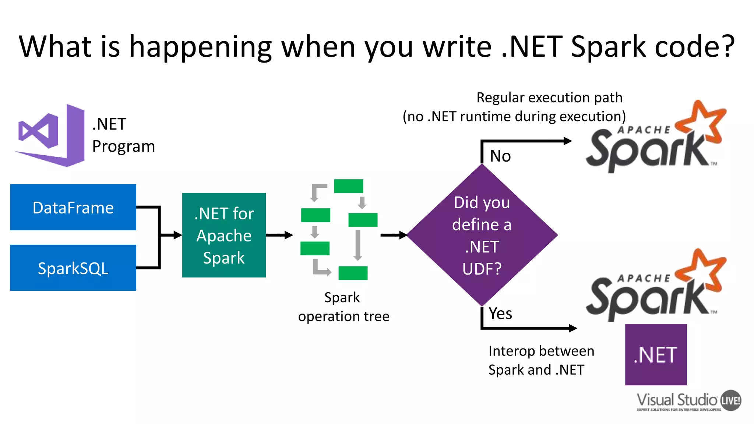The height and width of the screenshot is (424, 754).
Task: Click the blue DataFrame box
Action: (73, 207)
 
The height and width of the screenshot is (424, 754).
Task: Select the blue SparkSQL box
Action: (73, 268)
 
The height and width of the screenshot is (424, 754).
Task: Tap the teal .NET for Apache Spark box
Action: (224, 235)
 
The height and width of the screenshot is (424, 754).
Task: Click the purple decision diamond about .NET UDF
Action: (482, 235)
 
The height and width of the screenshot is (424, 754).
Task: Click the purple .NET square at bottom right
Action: (656, 355)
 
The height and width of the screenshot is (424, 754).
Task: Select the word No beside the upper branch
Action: (500, 156)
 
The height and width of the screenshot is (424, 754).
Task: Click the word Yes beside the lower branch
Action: (500, 314)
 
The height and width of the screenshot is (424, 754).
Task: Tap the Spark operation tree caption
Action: (343, 307)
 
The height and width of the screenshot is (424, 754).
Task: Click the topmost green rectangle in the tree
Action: (348, 186)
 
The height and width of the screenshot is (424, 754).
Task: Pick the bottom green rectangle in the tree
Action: (353, 273)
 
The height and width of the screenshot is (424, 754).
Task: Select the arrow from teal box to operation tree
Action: (279, 235)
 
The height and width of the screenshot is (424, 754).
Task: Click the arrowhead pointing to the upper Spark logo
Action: (568, 141)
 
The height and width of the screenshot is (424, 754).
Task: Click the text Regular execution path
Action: (549, 98)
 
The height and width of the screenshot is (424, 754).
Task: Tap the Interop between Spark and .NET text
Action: (541, 360)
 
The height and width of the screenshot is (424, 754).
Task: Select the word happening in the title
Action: (200, 47)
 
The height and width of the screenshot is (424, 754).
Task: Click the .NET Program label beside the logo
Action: (123, 135)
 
